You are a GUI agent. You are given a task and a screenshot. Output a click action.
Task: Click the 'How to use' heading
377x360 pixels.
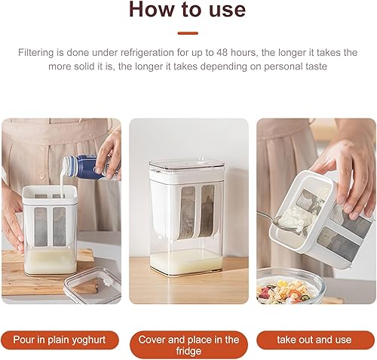(187, 10)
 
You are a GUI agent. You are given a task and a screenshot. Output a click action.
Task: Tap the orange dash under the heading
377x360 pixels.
(188, 33)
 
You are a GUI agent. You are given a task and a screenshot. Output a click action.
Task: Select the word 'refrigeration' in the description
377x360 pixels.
(147, 53)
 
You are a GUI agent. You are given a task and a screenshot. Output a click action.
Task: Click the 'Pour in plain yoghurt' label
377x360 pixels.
(60, 340)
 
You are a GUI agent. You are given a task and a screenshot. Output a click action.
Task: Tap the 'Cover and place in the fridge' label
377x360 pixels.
(188, 345)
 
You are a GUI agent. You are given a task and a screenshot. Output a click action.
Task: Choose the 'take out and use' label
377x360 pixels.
(314, 340)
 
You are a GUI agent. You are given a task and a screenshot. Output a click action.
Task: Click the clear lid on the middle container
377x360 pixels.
(186, 166)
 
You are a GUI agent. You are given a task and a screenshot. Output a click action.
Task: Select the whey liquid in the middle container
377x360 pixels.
(186, 262)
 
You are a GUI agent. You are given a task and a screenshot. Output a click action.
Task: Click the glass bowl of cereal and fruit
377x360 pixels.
(289, 287)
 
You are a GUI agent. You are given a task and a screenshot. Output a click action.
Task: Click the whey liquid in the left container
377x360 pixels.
(50, 261)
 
